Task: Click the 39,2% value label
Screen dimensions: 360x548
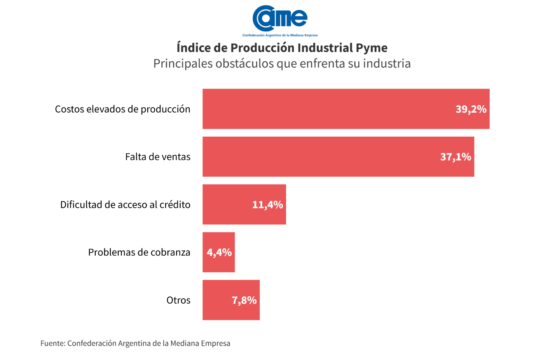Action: point(471,109)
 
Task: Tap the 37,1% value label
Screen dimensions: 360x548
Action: point(456,157)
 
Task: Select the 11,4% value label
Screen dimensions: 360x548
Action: point(267,205)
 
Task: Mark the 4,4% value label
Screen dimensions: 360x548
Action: point(219,252)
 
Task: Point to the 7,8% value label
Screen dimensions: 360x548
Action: point(244,300)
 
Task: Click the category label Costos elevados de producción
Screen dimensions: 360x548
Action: point(122,109)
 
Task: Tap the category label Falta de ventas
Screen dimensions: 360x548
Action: point(158,157)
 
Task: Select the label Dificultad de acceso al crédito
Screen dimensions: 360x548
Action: point(125,205)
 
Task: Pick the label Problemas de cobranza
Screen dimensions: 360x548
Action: point(139,252)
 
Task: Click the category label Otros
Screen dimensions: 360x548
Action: point(178,300)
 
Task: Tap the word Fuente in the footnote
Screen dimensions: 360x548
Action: point(52,343)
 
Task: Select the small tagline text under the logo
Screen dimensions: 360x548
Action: point(280,35)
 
